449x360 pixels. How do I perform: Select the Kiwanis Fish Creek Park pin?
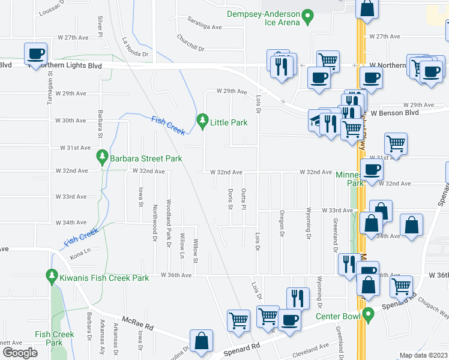pyautogui.click(x=52, y=277)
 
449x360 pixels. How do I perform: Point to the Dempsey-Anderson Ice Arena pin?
pyautogui.click(x=308, y=16)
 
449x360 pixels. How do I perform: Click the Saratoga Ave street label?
pyautogui.click(x=204, y=27)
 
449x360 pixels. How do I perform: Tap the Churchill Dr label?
pyautogui.click(x=191, y=42)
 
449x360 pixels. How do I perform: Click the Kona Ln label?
pyautogui.click(x=79, y=256)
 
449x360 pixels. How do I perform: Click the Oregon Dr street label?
pyautogui.click(x=281, y=223)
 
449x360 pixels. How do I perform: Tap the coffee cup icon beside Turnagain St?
pyautogui.click(x=36, y=53)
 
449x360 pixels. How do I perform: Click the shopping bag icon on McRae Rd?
pyautogui.click(x=202, y=340)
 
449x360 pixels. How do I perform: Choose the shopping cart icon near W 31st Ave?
pyautogui.click(x=396, y=143)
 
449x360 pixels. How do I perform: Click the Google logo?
pyautogui.click(x=20, y=353)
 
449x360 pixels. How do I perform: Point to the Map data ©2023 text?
pyautogui.click(x=423, y=355)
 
